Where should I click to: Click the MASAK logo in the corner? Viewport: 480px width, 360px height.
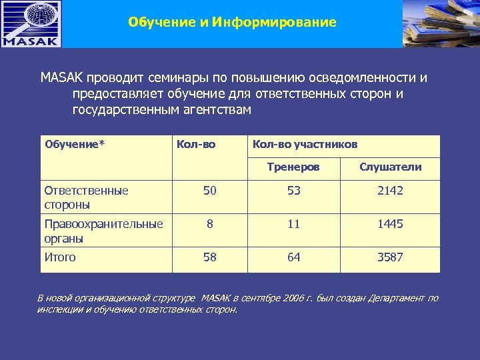click(x=31, y=24)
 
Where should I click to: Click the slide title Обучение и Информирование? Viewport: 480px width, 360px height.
click(x=232, y=23)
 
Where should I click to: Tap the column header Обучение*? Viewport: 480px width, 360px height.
click(x=75, y=145)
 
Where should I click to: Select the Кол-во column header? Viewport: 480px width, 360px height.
click(x=196, y=145)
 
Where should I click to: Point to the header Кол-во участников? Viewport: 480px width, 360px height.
click(x=305, y=145)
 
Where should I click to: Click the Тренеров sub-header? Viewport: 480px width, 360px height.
click(x=293, y=167)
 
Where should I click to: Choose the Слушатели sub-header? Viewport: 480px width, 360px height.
click(x=390, y=167)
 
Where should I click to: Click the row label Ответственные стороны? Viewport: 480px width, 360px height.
click(x=86, y=197)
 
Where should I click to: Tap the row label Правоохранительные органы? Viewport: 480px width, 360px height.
click(x=103, y=231)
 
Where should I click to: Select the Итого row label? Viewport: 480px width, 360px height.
click(x=60, y=257)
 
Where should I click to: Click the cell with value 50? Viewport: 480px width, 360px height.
click(x=210, y=191)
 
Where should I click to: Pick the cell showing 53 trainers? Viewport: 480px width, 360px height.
click(x=294, y=191)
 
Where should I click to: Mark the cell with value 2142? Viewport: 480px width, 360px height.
click(x=390, y=191)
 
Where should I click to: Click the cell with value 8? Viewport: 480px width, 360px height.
click(x=210, y=224)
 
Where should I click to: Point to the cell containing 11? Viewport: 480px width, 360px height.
click(x=294, y=224)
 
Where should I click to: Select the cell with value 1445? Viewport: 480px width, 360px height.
click(x=390, y=224)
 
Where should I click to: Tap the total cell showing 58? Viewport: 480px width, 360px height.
click(x=210, y=257)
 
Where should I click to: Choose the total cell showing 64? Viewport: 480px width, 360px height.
click(x=294, y=257)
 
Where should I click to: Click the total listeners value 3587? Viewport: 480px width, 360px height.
click(x=390, y=257)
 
